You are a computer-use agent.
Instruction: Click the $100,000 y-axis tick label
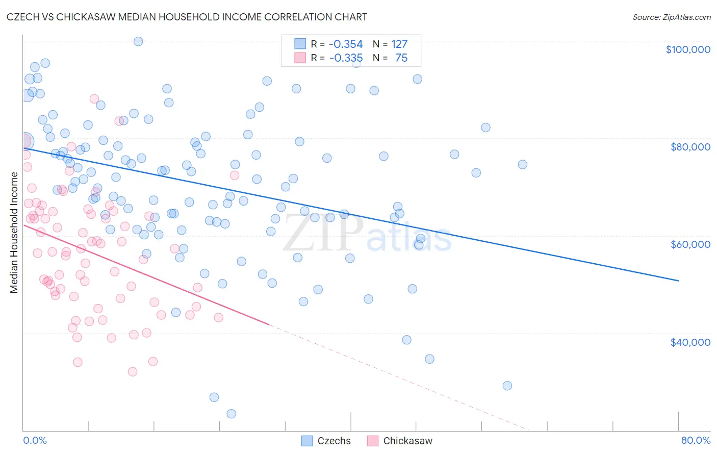pyautogui.click(x=688, y=49)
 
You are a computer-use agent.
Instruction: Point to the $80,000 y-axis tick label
pyautogui.click(x=690, y=147)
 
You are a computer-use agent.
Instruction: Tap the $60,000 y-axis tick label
pyautogui.click(x=690, y=244)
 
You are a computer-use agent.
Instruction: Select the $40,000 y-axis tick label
pyautogui.click(x=690, y=342)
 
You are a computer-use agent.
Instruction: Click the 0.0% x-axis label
pyautogui.click(x=35, y=440)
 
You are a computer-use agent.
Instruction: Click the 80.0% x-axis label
pyautogui.click(x=696, y=440)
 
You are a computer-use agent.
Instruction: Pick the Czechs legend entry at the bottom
pyautogui.click(x=326, y=441)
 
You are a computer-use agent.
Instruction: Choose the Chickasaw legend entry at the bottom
pyautogui.click(x=399, y=441)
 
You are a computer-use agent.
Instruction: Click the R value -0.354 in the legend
pyautogui.click(x=345, y=44)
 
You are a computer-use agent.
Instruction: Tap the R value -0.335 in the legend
pyautogui.click(x=345, y=58)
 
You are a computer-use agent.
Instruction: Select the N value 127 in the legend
pyautogui.click(x=399, y=44)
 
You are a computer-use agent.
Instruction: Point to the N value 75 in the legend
pyautogui.click(x=401, y=58)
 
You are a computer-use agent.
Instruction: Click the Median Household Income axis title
pyautogui.click(x=14, y=233)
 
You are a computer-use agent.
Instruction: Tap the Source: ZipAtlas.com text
pyautogui.click(x=671, y=17)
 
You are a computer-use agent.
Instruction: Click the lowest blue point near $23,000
pyautogui.click(x=232, y=414)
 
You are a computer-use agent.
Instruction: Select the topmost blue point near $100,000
pyautogui.click(x=138, y=41)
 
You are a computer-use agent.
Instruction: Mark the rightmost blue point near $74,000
pyautogui.click(x=522, y=164)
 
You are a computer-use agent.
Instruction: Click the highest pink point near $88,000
pyautogui.click(x=94, y=99)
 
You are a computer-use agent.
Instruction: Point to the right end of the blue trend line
pyautogui.click(x=678, y=281)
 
